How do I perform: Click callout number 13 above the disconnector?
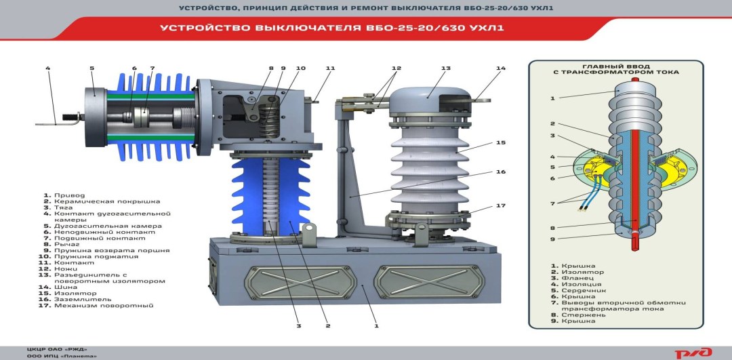click(446, 68)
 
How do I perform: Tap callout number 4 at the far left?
click(47, 68)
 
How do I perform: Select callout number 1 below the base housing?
click(376, 325)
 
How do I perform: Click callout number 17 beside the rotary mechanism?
click(501, 205)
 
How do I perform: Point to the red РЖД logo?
click(699, 353)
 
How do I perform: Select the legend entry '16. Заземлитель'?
click(77, 299)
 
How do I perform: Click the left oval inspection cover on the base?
click(300, 282)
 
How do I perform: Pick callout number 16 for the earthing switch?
click(501, 172)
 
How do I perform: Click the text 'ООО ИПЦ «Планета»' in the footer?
click(62, 356)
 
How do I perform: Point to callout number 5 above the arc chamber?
click(92, 68)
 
